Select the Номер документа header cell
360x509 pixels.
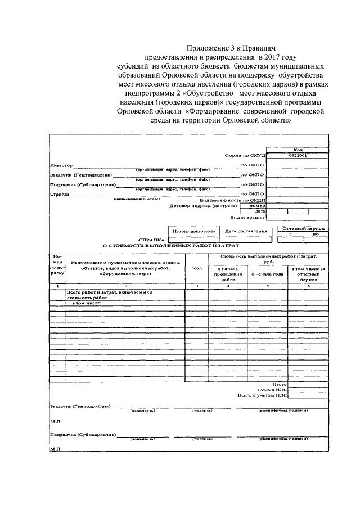(193, 231)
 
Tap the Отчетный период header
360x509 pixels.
(303, 229)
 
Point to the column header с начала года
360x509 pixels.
(267, 274)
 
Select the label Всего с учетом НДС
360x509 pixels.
(263, 395)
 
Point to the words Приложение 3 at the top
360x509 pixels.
(210, 49)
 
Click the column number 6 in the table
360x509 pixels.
(308, 286)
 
